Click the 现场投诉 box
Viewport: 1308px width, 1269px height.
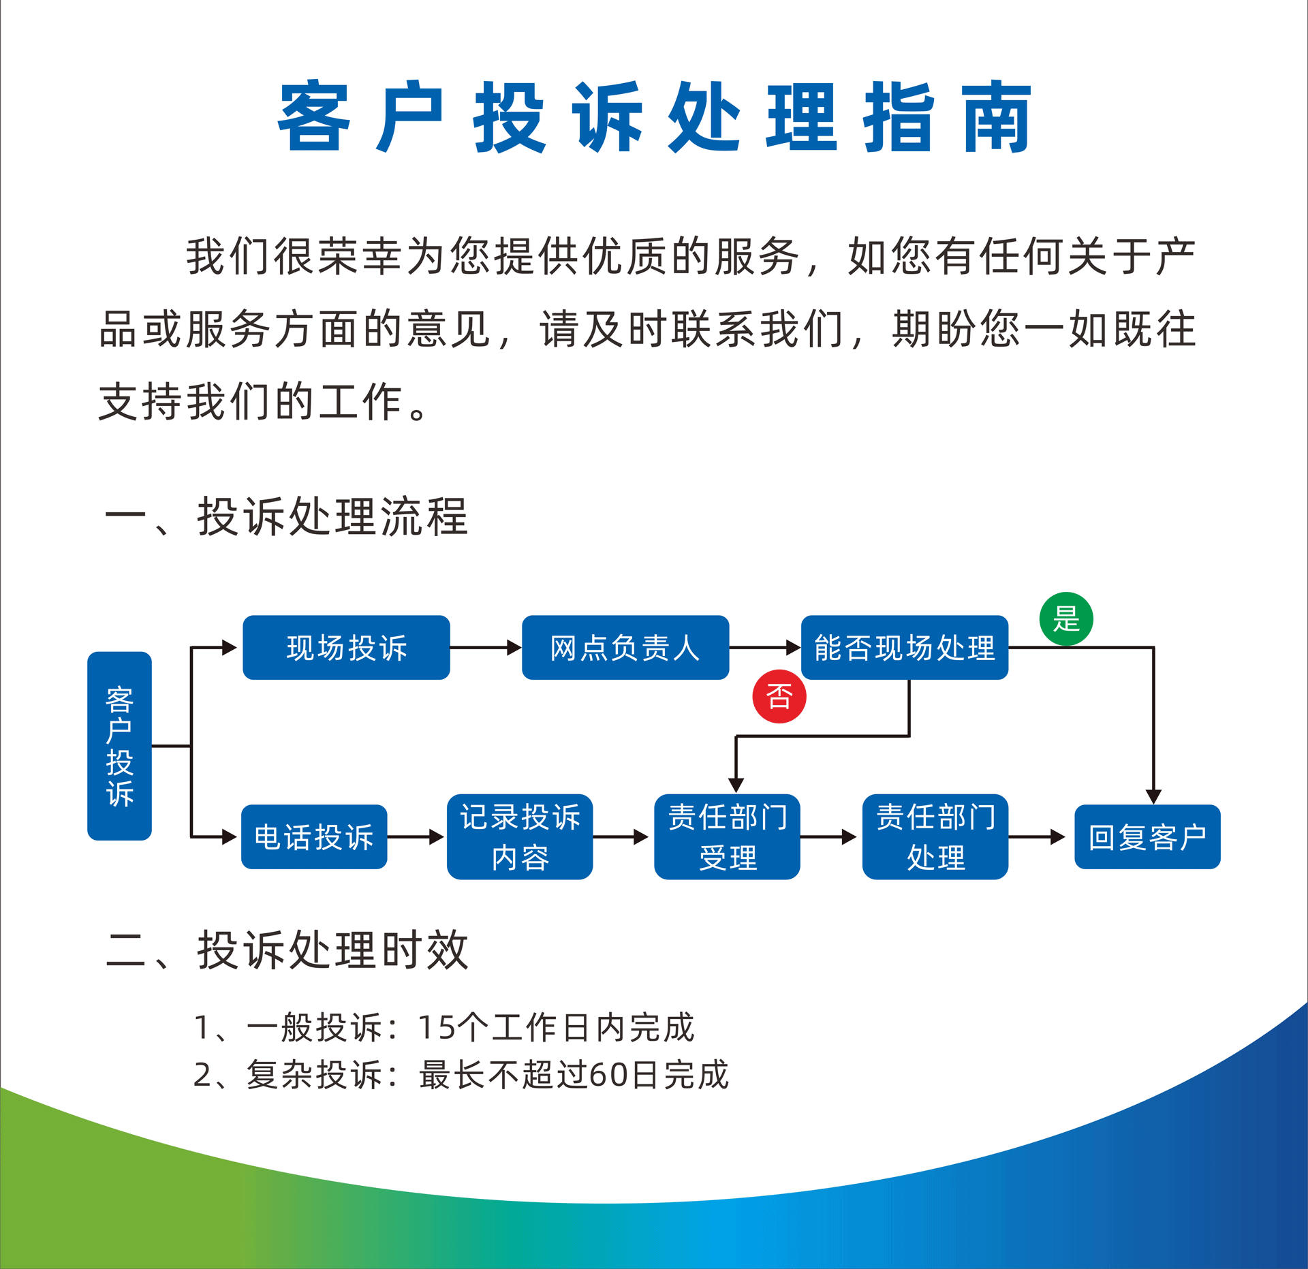click(x=346, y=647)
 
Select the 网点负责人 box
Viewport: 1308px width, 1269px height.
click(x=625, y=647)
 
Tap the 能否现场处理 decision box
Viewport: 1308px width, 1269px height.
click(x=905, y=647)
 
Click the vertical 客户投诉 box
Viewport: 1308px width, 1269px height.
click(x=119, y=746)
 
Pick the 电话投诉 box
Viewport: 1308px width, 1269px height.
click(x=314, y=836)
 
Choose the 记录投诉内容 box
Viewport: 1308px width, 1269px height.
click(x=520, y=836)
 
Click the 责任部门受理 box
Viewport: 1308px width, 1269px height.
click(x=727, y=836)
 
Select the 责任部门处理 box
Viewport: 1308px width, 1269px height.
click(x=935, y=836)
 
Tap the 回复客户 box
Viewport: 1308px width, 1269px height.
click(x=1147, y=836)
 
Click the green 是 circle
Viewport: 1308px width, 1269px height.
click(x=1066, y=619)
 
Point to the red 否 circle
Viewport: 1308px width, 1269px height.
click(x=779, y=696)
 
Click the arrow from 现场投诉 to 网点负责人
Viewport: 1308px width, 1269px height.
click(x=486, y=647)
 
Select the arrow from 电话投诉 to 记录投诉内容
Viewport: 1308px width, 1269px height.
click(x=416, y=836)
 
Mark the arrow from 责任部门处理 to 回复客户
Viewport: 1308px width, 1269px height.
click(x=1037, y=836)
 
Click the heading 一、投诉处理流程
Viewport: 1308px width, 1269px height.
click(x=286, y=516)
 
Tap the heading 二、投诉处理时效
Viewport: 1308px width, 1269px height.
click(x=286, y=950)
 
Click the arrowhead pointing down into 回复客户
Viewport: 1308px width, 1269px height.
click(x=1153, y=796)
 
